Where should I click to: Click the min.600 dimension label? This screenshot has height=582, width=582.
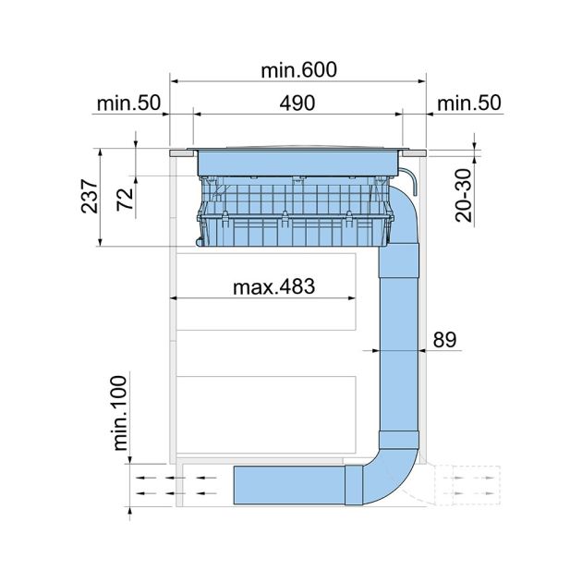coord(298,70)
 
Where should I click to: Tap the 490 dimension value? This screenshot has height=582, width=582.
coord(298,103)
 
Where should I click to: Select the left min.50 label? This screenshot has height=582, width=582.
coord(127,103)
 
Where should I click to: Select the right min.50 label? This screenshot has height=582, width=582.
coord(468,103)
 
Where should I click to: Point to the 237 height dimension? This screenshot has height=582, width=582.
coord(91,195)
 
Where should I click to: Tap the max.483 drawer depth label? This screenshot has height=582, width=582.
coord(273,286)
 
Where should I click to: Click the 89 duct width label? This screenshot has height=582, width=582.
coord(444,339)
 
